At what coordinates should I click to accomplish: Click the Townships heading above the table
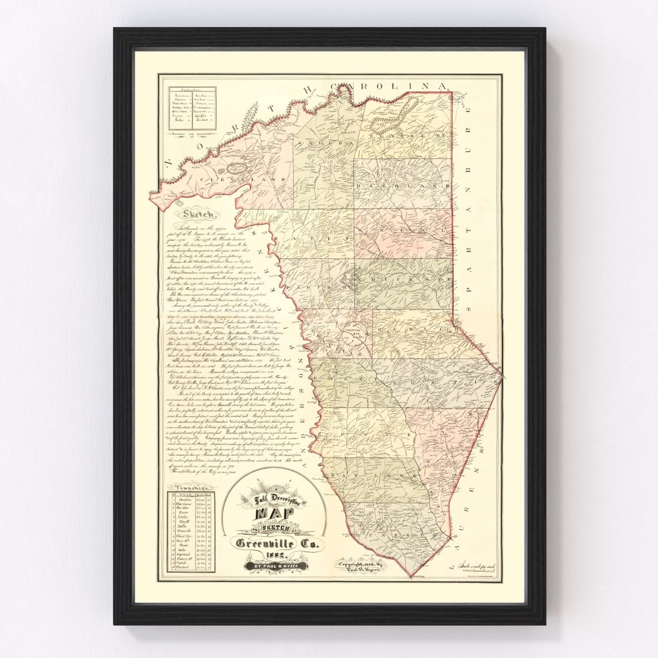[x=191, y=488]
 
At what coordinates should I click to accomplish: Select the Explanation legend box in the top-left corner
[x=193, y=108]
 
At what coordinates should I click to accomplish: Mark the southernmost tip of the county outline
[x=412, y=576]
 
